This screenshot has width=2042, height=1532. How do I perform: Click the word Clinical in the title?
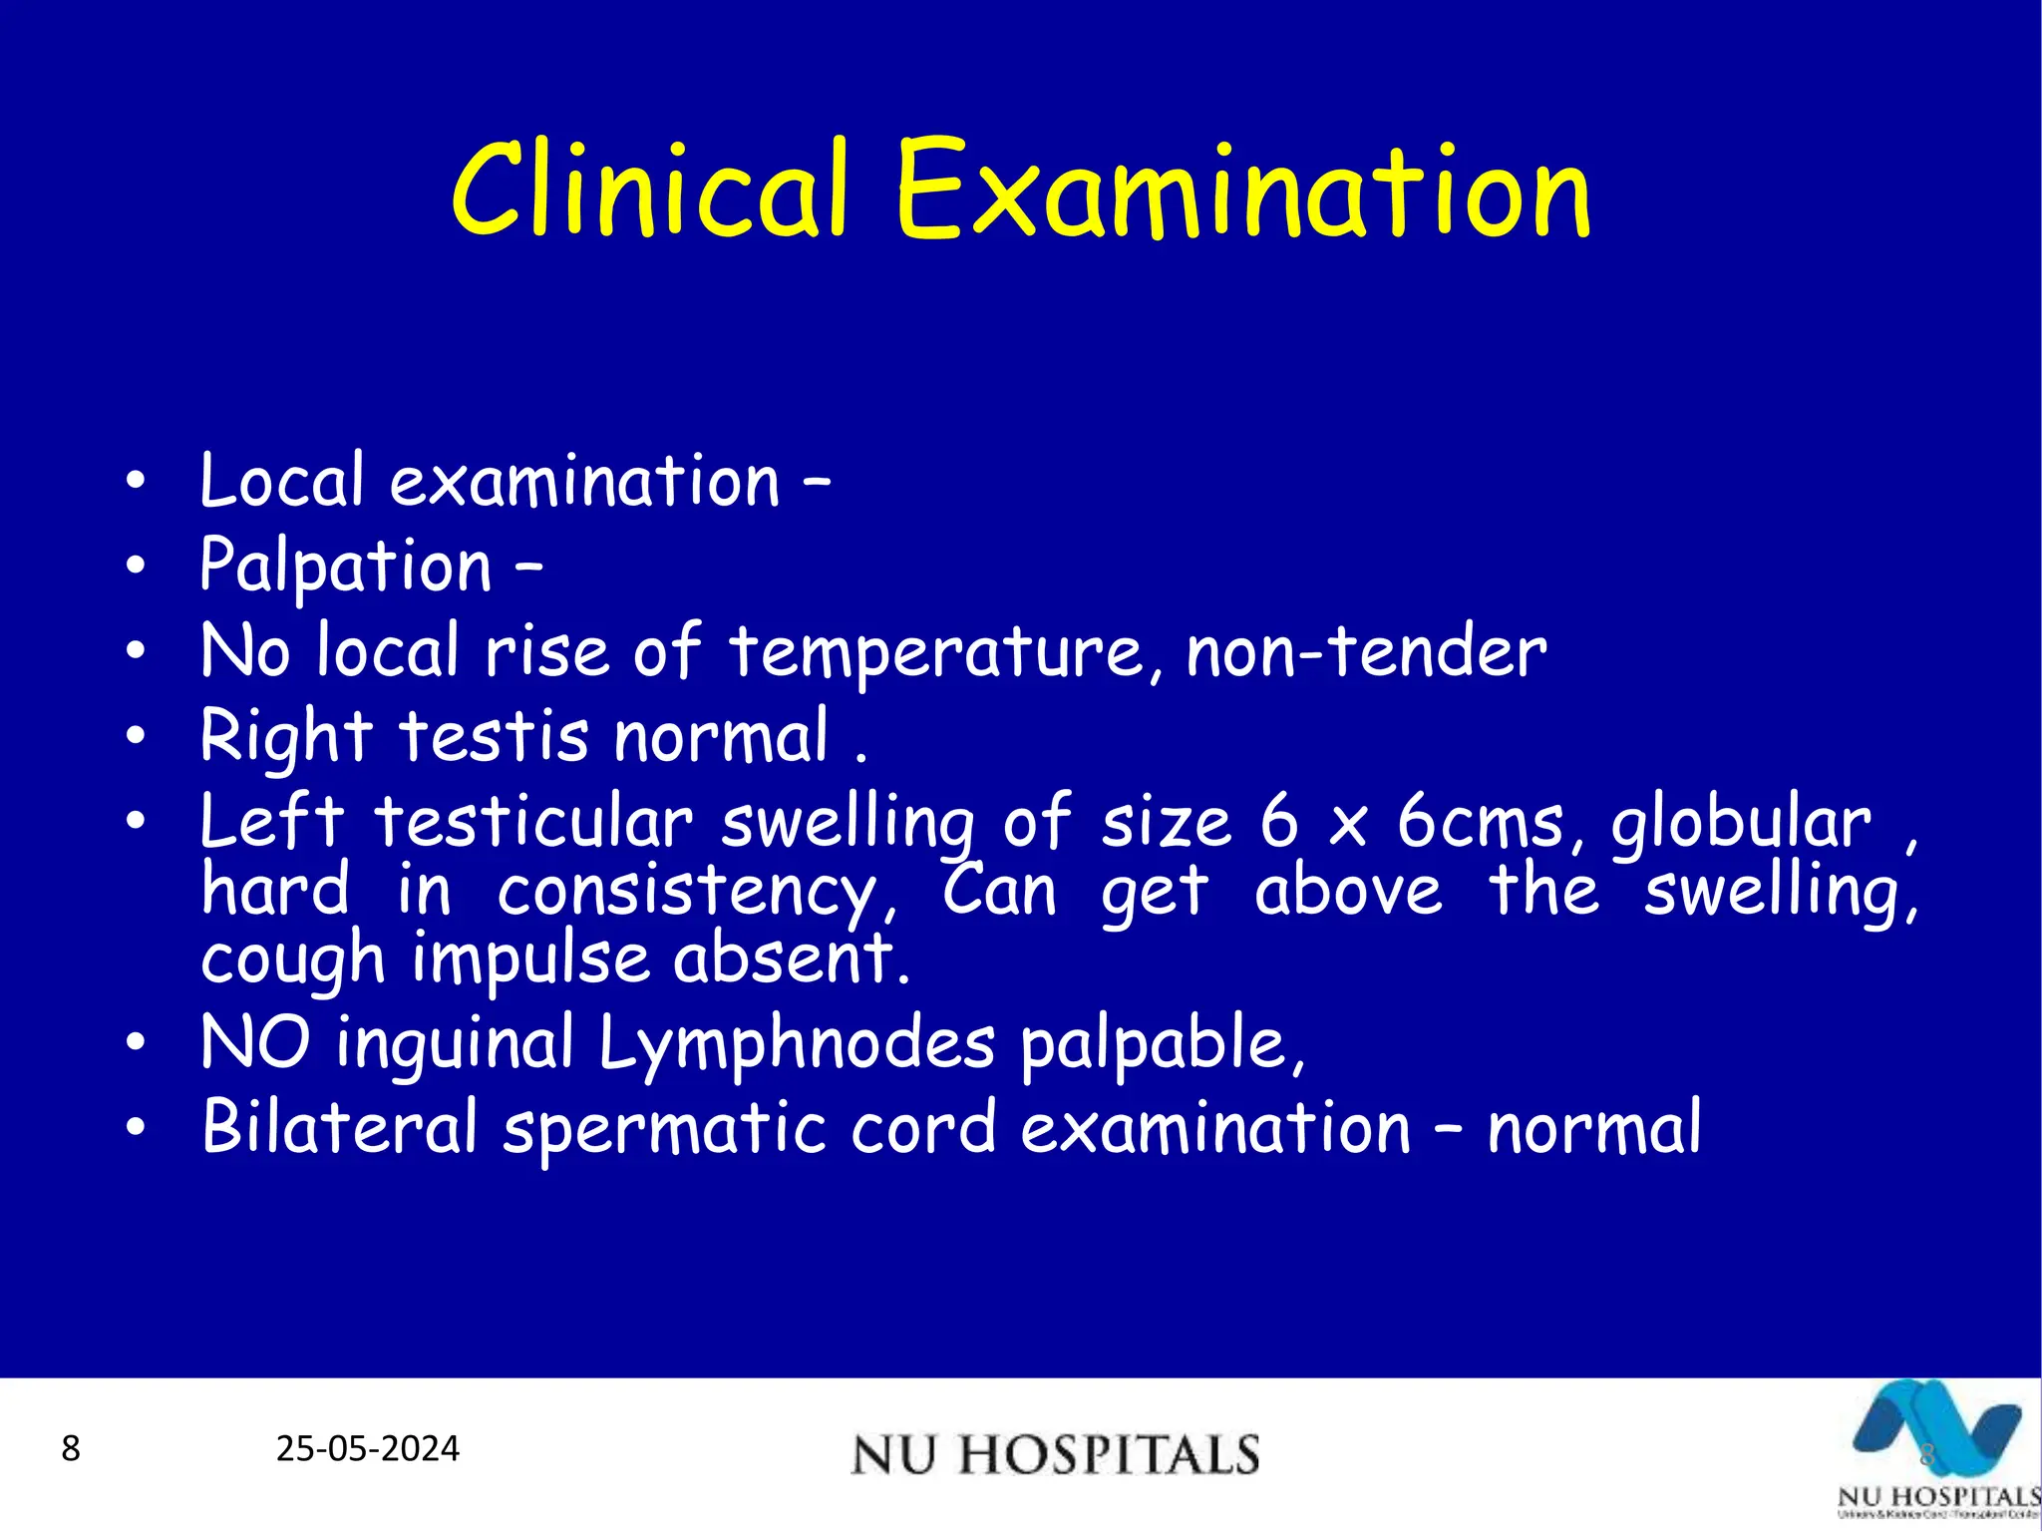(x=649, y=189)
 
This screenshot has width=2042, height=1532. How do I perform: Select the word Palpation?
(x=345, y=567)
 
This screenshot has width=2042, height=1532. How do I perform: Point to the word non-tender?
(x=1366, y=653)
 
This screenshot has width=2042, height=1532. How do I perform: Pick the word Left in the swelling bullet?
(x=271, y=822)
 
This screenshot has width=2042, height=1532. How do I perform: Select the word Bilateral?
(x=339, y=1128)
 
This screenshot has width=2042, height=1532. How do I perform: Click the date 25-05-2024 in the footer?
(x=368, y=1448)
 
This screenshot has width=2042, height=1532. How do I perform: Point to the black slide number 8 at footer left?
(x=70, y=1448)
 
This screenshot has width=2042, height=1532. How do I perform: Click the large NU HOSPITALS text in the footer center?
(x=1055, y=1454)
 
